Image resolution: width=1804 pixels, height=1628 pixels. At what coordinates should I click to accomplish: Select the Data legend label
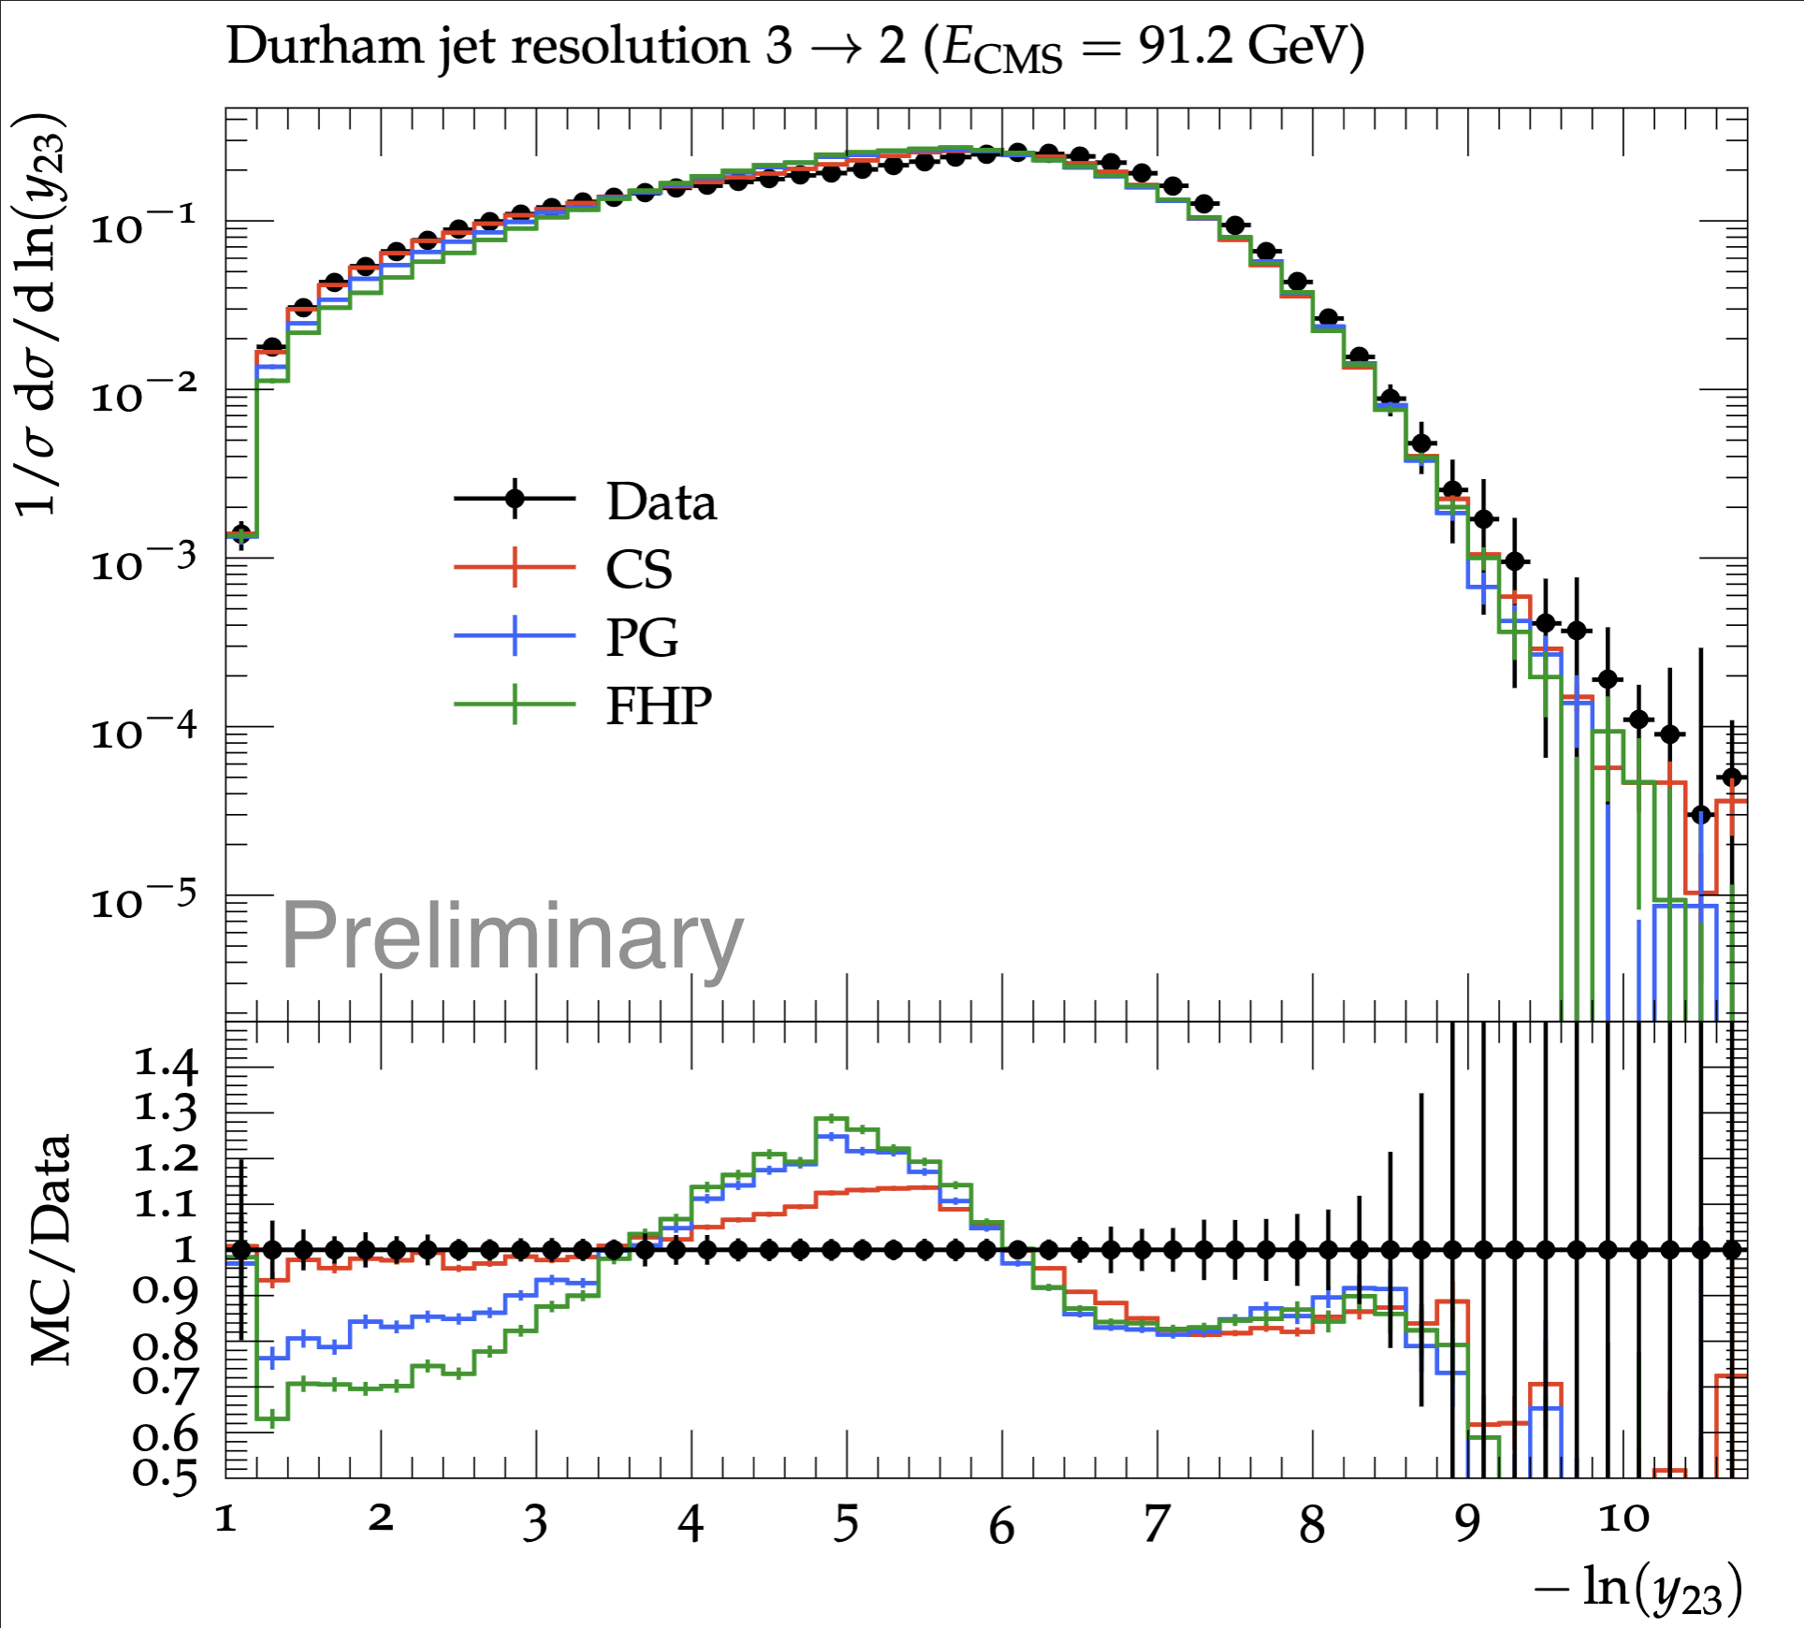click(662, 501)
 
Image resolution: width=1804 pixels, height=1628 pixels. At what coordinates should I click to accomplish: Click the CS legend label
click(639, 569)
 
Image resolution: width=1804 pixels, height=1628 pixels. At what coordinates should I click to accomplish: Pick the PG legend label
click(642, 638)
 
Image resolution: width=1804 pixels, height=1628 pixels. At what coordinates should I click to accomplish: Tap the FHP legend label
click(659, 705)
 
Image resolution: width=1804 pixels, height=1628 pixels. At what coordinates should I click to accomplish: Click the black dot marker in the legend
click(515, 498)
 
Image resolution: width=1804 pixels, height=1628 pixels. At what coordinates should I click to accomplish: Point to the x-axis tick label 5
click(846, 1524)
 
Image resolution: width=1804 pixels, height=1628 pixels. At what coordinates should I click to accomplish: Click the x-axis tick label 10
click(1623, 1519)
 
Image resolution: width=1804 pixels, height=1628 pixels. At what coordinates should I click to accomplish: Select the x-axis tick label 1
click(225, 1519)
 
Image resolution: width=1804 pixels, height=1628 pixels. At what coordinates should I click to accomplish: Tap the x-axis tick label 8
click(1312, 1525)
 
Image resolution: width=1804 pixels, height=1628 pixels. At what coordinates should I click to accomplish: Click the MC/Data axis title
click(51, 1250)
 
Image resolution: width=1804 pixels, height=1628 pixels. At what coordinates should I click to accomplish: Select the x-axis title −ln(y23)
click(1638, 1589)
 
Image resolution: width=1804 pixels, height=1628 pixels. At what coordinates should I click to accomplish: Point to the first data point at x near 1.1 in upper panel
click(241, 534)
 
